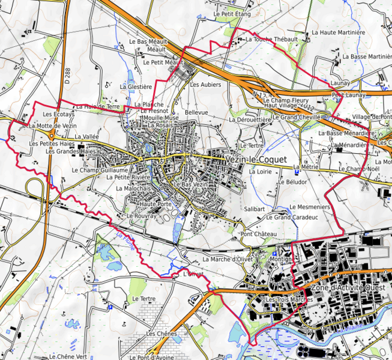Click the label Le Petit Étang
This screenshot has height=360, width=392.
coord(232,13)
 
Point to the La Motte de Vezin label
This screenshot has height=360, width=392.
coord(52,126)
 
